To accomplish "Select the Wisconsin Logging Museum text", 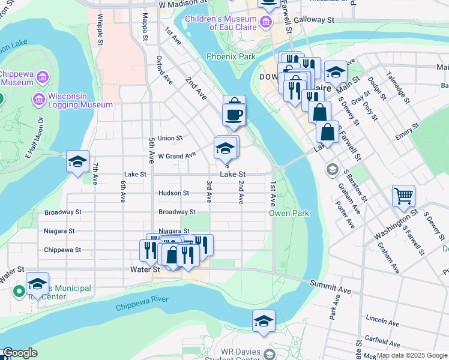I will tap(80, 100).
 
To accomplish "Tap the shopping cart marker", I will tap(403, 196).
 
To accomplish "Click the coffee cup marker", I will tap(234, 113).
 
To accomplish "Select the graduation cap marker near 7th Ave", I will tap(77, 161).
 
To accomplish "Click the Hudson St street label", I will tap(173, 193).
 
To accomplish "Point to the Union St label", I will tap(170, 138).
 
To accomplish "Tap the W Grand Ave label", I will tap(176, 155).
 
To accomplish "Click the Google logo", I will tap(20, 353).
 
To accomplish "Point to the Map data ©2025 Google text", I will tap(412, 356).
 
